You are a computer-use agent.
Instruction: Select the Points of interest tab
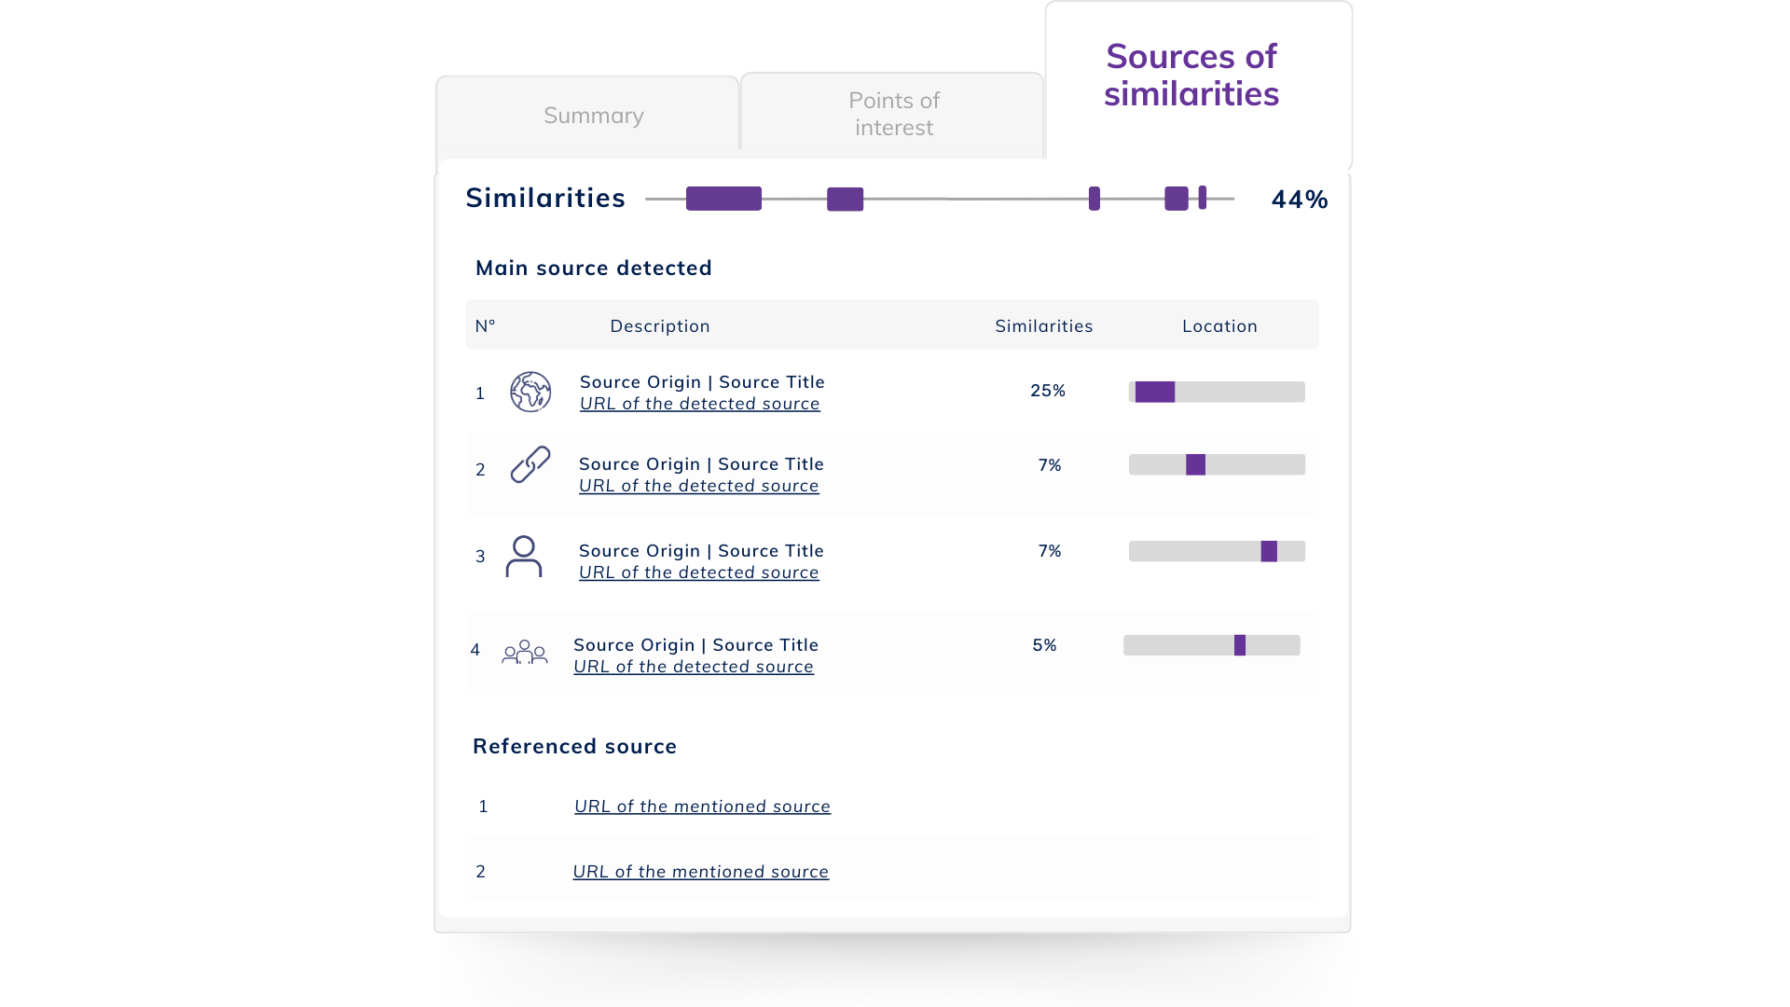coord(894,114)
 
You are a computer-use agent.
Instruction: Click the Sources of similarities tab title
coord(1191,76)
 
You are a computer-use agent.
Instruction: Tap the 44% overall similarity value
coord(1300,200)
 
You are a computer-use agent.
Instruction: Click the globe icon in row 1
coord(530,392)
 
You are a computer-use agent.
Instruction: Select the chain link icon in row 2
coord(530,464)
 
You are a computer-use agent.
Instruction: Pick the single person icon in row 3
coord(524,557)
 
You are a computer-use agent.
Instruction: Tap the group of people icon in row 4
coord(525,652)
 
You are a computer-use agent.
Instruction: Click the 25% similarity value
coord(1048,391)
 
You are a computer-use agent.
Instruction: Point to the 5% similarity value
coord(1045,645)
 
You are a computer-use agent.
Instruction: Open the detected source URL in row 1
coord(700,404)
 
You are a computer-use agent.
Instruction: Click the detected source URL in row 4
coord(694,667)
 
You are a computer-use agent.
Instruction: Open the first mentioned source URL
coord(702,807)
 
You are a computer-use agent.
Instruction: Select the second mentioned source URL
coord(700,872)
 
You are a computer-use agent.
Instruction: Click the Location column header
coord(1220,326)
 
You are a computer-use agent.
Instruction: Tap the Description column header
coord(660,326)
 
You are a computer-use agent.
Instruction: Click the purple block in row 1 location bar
coord(1155,392)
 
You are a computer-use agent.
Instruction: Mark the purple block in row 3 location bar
coord(1269,551)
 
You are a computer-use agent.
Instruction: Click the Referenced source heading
coord(575,747)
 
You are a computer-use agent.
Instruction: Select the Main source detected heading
coord(594,269)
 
